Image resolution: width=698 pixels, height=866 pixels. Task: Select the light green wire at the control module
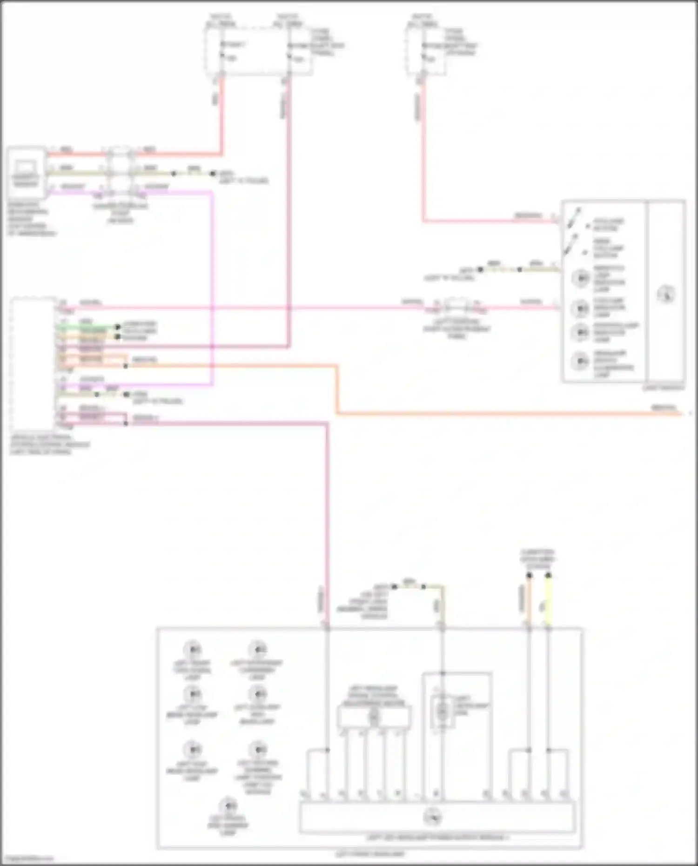(x=86, y=327)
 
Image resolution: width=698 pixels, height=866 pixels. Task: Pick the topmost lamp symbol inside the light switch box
(x=580, y=278)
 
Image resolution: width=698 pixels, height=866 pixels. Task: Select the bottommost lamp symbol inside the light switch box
(x=580, y=361)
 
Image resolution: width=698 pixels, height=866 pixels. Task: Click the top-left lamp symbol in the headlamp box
(x=192, y=649)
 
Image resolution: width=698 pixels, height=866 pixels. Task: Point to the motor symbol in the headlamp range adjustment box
(x=374, y=717)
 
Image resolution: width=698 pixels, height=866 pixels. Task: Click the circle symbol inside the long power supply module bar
(x=432, y=817)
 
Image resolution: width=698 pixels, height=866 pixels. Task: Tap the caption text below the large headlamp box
(x=370, y=854)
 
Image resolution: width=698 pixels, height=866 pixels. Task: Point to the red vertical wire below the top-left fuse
(x=221, y=116)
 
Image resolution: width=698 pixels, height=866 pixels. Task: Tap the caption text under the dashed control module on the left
(x=49, y=444)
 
